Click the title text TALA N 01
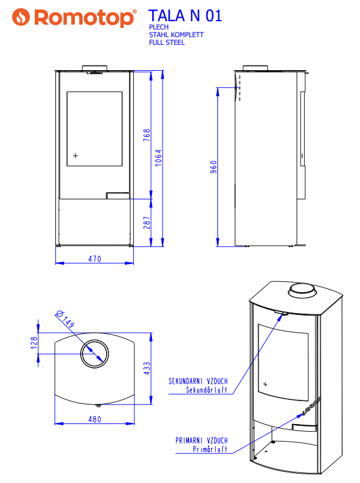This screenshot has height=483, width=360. (185, 16)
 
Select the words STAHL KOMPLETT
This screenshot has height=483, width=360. (176, 35)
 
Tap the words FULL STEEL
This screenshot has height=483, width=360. (167, 42)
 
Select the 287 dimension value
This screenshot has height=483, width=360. (147, 223)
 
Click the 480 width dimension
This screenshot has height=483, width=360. (95, 419)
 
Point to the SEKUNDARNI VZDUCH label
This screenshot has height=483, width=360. (198, 381)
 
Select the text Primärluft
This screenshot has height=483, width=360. (210, 449)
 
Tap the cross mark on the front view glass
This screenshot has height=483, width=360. (75, 156)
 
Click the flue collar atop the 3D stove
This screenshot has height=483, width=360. (302, 291)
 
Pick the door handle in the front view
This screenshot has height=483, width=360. (117, 194)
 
